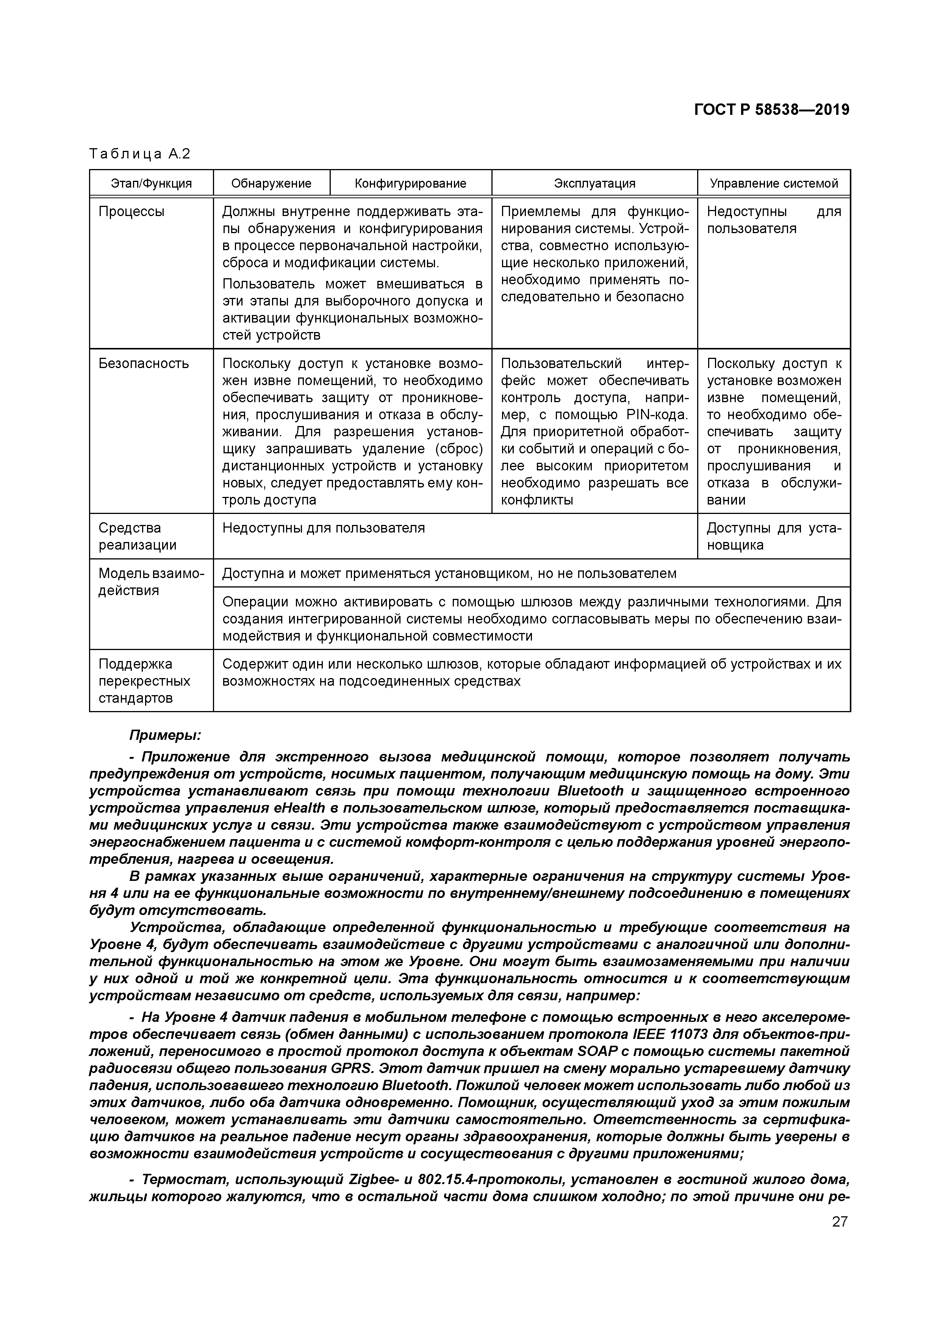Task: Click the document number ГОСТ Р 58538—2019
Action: (771, 110)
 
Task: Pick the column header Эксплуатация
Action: (594, 183)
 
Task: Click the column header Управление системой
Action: (774, 183)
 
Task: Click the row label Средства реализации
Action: (137, 536)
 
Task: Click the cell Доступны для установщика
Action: (774, 536)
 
